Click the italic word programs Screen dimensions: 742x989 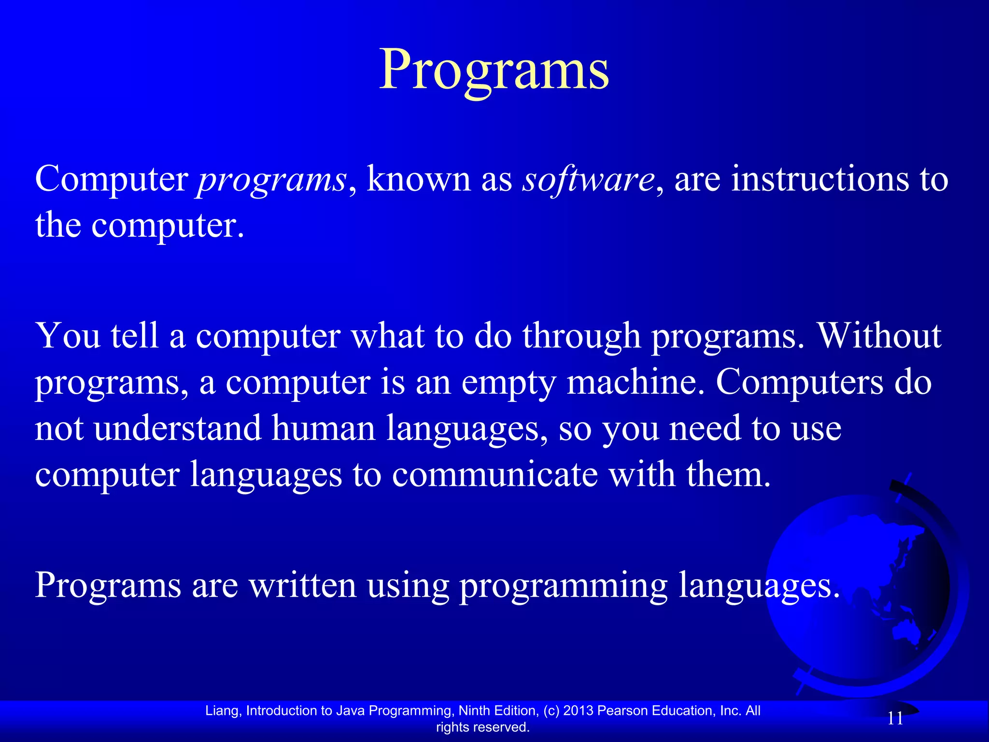pos(272,180)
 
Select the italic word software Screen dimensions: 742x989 pos(588,180)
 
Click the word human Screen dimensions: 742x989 pos(324,428)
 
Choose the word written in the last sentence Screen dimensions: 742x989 pos(302,585)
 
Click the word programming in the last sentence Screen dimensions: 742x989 pos(563,586)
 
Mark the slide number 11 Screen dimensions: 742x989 pos(895,718)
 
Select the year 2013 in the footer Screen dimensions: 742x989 pos(579,711)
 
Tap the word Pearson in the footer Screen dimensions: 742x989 pos(622,711)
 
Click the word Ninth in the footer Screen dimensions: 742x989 pos(474,711)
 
